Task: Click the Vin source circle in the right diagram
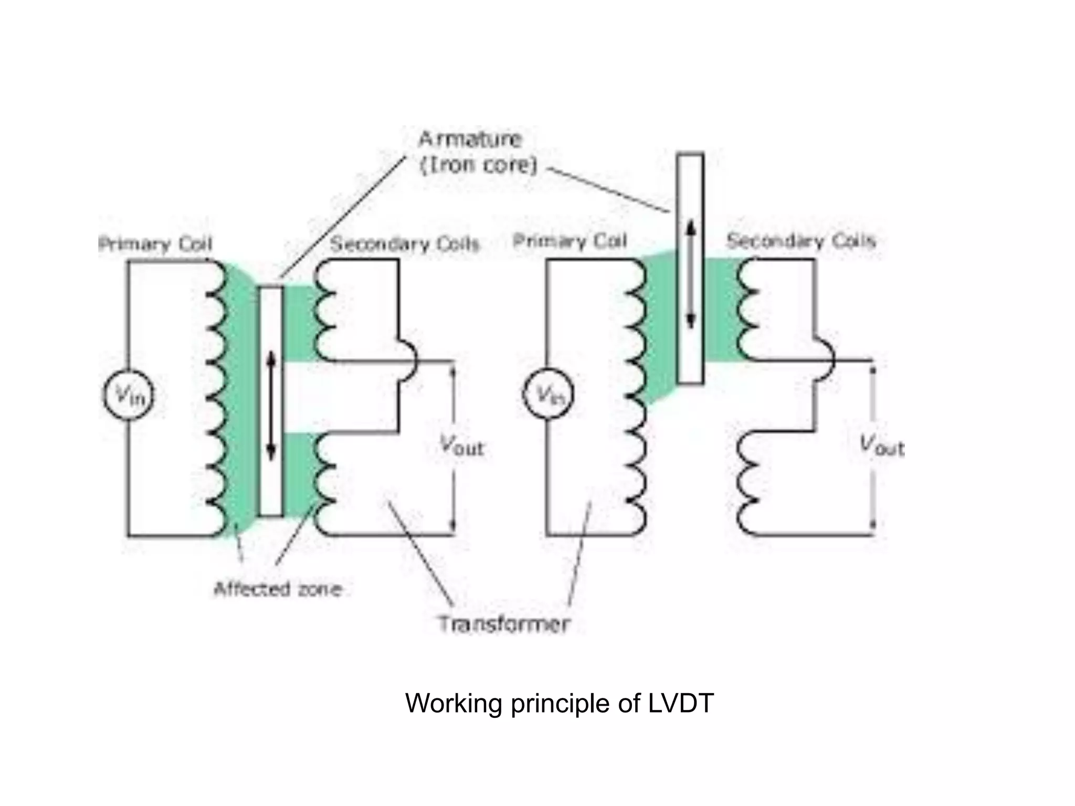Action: click(x=549, y=395)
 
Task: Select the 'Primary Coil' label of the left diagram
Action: click(x=155, y=244)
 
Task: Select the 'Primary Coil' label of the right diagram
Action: click(x=570, y=241)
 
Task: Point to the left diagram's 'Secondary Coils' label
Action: click(x=405, y=244)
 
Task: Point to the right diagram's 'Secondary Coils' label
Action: click(x=801, y=241)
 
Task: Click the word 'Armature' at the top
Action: click(x=470, y=139)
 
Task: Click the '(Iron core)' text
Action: click(x=479, y=165)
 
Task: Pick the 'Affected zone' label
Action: click(x=278, y=589)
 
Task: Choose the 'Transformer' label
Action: click(x=504, y=624)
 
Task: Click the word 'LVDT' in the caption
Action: click(x=681, y=703)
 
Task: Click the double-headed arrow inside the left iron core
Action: click(x=271, y=406)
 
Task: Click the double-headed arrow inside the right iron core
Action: click(x=691, y=274)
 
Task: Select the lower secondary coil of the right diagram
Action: click(x=746, y=483)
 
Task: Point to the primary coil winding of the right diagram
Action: click(x=636, y=396)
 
